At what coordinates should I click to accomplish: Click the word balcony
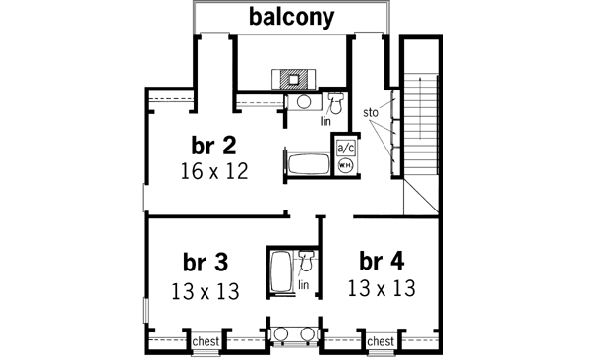(x=291, y=17)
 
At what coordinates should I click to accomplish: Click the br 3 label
(x=206, y=263)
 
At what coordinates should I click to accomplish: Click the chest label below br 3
(x=206, y=341)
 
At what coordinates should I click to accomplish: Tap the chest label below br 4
(x=381, y=341)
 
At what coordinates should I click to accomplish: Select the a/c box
(x=346, y=147)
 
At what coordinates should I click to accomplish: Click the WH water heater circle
(x=346, y=165)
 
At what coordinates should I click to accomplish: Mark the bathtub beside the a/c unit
(x=310, y=163)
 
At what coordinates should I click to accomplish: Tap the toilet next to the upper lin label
(x=335, y=101)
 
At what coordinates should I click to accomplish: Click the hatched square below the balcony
(x=292, y=79)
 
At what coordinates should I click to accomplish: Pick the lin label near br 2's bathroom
(x=325, y=122)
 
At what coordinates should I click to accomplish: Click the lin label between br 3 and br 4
(x=304, y=285)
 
